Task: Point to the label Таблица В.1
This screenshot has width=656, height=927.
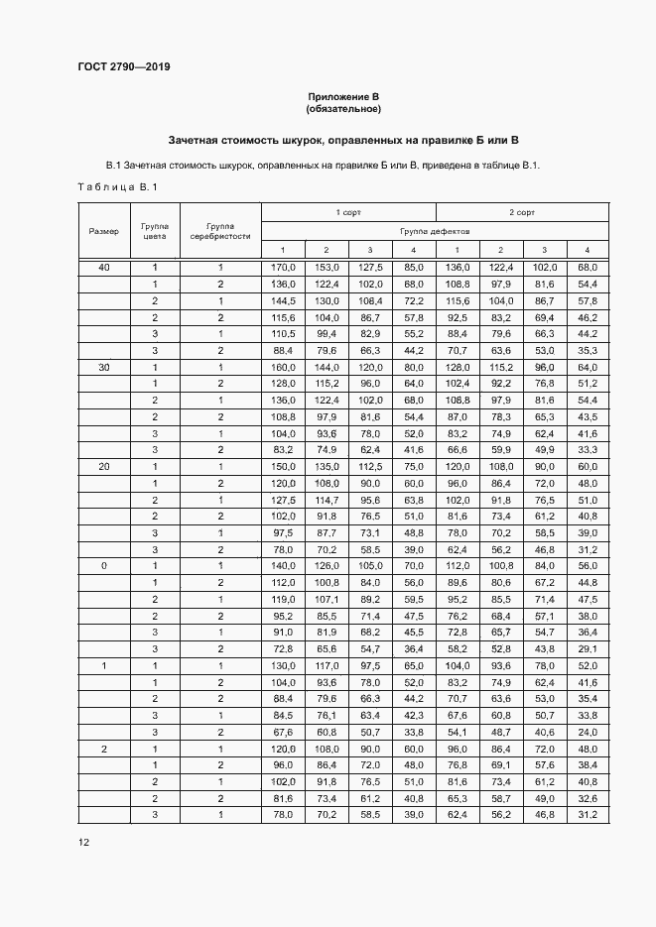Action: point(116,187)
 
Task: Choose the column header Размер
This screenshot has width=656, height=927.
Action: point(103,231)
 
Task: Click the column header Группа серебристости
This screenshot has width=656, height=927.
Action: point(221,231)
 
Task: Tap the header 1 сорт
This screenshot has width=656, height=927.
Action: point(347,212)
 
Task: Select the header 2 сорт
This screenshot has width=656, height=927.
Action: point(522,212)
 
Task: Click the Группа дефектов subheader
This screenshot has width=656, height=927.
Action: point(435,230)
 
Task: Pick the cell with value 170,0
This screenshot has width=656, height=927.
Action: point(282,268)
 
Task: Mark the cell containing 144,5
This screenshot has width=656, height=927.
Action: point(282,300)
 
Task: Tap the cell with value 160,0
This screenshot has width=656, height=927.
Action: point(282,366)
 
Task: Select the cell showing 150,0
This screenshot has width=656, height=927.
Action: point(282,466)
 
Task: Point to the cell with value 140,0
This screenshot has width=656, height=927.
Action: point(282,565)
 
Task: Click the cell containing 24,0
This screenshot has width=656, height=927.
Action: point(587,732)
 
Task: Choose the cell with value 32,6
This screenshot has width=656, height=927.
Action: point(587,798)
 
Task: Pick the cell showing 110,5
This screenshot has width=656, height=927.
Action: point(282,333)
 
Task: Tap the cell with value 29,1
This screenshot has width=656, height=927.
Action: point(587,648)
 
